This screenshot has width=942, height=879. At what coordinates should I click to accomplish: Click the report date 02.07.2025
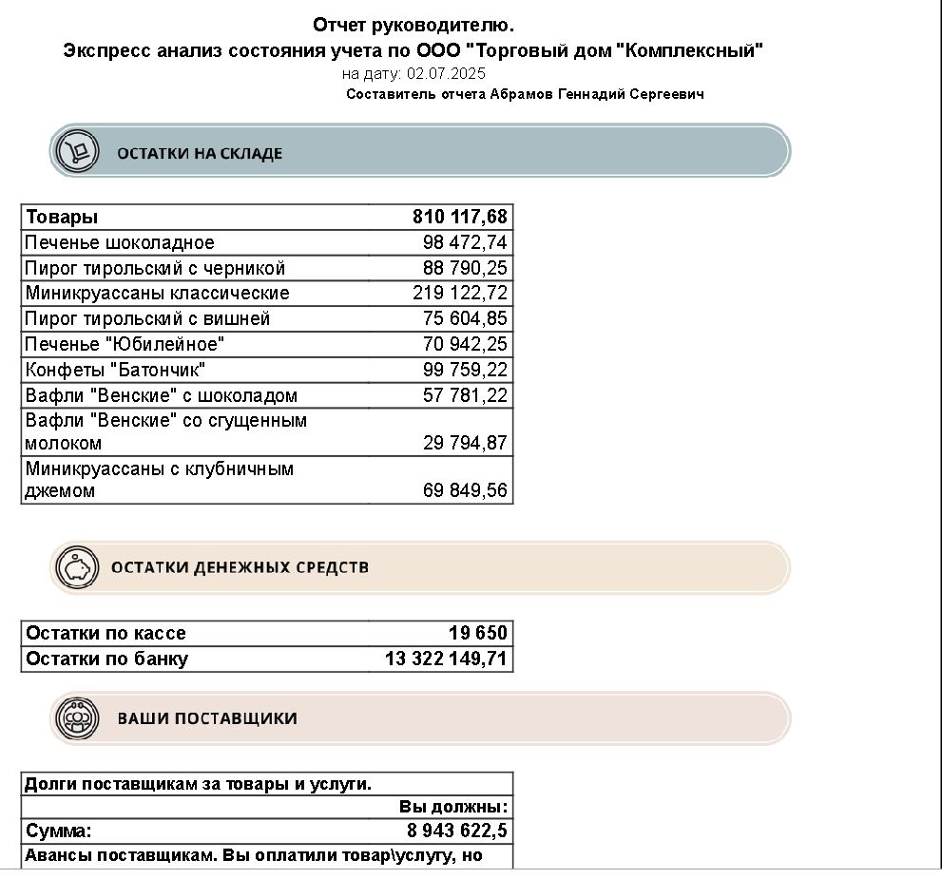point(446,73)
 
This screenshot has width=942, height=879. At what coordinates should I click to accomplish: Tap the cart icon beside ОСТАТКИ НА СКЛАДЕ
point(78,151)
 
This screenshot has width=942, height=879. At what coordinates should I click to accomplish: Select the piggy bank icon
point(76,567)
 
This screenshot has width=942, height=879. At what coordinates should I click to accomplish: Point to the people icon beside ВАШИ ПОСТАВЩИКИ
point(77,718)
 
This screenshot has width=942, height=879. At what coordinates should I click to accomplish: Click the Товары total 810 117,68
point(460,217)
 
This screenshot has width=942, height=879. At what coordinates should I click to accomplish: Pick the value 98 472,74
point(465,242)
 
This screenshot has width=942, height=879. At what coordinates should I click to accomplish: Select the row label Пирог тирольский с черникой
point(156,268)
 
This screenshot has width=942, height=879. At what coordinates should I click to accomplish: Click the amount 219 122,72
point(460,293)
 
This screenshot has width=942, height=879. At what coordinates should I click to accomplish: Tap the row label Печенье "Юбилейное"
point(125,343)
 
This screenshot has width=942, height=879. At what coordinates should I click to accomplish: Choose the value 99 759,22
point(465,369)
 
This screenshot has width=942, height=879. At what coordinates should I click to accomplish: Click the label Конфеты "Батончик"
point(116,369)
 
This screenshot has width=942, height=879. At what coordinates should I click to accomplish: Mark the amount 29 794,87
point(465,443)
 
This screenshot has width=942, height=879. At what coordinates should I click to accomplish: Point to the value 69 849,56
point(465,491)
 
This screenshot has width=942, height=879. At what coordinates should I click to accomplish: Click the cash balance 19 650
point(478,633)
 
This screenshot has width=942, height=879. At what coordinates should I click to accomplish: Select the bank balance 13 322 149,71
point(446,659)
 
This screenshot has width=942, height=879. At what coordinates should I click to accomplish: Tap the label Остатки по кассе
point(106,633)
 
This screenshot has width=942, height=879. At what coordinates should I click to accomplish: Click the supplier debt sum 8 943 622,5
point(457,831)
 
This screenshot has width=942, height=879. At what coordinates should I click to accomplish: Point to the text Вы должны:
point(453,807)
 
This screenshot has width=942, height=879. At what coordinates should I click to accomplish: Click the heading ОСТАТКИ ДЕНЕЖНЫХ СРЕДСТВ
point(240,567)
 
